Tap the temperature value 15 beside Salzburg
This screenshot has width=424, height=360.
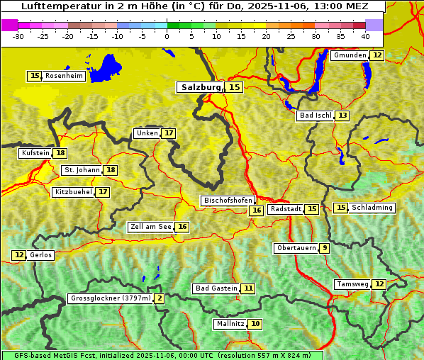click(x=234, y=87)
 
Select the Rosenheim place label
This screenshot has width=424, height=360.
click(x=64, y=76)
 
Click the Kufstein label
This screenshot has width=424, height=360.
click(x=35, y=153)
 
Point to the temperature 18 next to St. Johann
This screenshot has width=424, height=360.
click(x=111, y=170)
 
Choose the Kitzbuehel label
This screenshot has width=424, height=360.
click(x=73, y=192)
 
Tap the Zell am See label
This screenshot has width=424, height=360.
click(x=151, y=227)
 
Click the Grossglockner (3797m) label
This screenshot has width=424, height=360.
click(x=111, y=298)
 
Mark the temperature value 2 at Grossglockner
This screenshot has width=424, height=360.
click(x=160, y=298)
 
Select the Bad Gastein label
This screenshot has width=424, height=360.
click(x=216, y=288)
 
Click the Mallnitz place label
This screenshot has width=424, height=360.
click(x=230, y=324)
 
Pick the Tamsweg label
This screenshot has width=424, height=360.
click(x=352, y=284)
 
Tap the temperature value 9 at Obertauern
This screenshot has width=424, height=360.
click(x=324, y=248)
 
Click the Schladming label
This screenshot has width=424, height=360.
click(x=372, y=208)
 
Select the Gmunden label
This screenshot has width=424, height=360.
click(x=350, y=55)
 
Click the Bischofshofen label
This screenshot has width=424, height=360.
click(x=228, y=201)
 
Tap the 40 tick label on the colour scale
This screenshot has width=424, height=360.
click(x=365, y=36)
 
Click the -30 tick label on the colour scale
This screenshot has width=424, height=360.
click(x=18, y=36)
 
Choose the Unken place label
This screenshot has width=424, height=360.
click(x=147, y=133)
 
